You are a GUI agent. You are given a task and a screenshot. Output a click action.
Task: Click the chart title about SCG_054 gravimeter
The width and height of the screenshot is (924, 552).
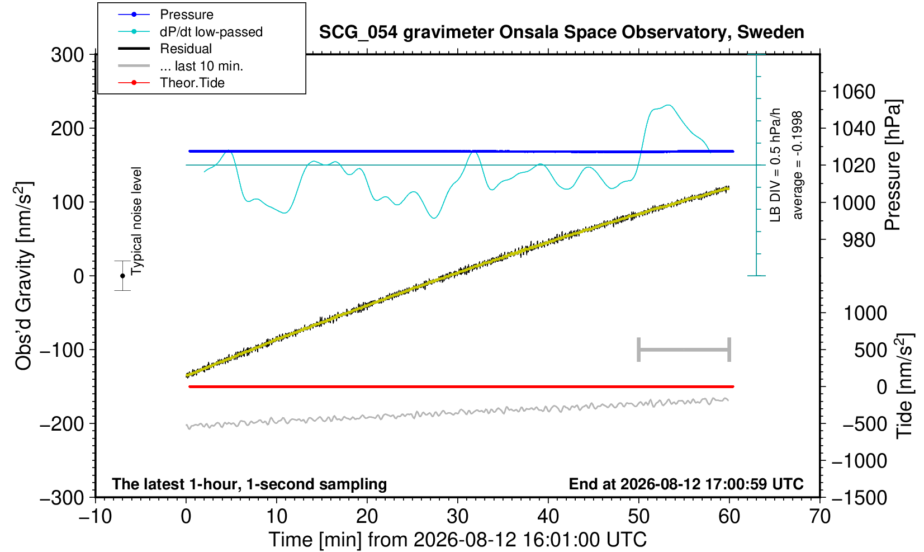click(561, 32)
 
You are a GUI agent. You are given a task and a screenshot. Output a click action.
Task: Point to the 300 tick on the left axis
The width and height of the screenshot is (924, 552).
click(68, 54)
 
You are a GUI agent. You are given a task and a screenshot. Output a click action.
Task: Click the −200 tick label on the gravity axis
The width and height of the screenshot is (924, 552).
click(62, 423)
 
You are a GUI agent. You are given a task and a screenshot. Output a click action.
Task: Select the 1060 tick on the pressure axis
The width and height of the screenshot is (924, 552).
click(853, 92)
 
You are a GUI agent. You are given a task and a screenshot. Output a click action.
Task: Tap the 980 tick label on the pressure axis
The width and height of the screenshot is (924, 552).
click(859, 239)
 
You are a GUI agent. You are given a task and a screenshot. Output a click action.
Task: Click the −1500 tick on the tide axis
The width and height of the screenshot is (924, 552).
click(859, 498)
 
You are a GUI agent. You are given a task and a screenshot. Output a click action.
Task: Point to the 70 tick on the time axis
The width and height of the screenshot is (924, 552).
click(819, 517)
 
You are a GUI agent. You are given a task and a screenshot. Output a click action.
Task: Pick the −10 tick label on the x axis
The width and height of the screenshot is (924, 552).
click(95, 517)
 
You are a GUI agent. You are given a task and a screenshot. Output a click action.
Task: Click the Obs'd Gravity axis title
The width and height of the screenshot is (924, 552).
click(23, 276)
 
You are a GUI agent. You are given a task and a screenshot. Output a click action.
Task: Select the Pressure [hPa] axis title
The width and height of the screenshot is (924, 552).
click(893, 165)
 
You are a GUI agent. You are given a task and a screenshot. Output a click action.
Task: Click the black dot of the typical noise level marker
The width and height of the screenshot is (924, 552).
click(122, 276)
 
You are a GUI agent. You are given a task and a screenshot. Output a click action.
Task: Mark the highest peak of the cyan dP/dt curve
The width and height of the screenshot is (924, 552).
click(668, 105)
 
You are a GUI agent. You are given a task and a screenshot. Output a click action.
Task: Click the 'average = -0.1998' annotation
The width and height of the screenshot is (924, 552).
click(798, 165)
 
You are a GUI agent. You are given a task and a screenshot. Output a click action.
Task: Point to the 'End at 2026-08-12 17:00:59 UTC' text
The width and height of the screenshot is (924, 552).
click(686, 484)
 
